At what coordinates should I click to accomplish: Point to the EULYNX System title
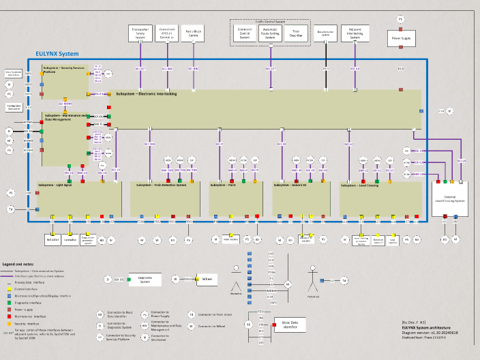[x=57, y=54]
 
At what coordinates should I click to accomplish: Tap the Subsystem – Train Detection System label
[x=162, y=185]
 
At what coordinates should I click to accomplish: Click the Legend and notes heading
[x=19, y=263]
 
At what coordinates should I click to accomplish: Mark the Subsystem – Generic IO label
[x=292, y=185]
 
